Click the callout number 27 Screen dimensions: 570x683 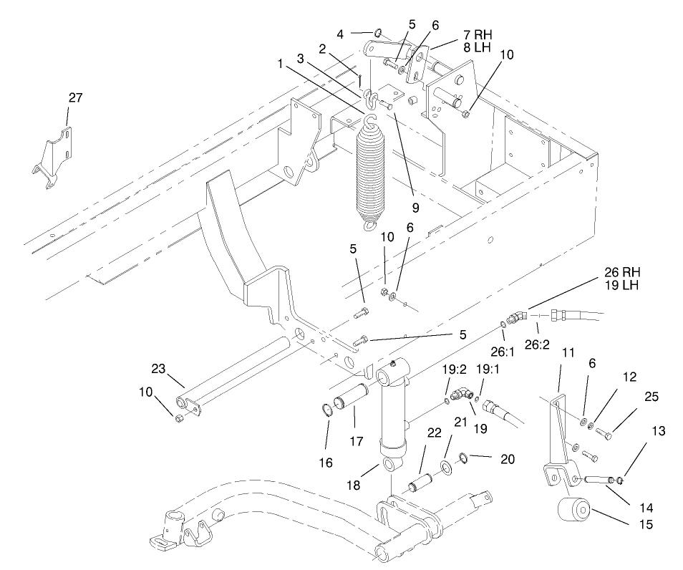(75, 98)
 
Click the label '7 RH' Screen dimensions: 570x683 (478, 34)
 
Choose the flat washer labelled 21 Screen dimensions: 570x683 (446, 468)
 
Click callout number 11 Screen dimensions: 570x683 (568, 354)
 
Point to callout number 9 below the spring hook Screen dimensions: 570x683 (413, 208)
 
